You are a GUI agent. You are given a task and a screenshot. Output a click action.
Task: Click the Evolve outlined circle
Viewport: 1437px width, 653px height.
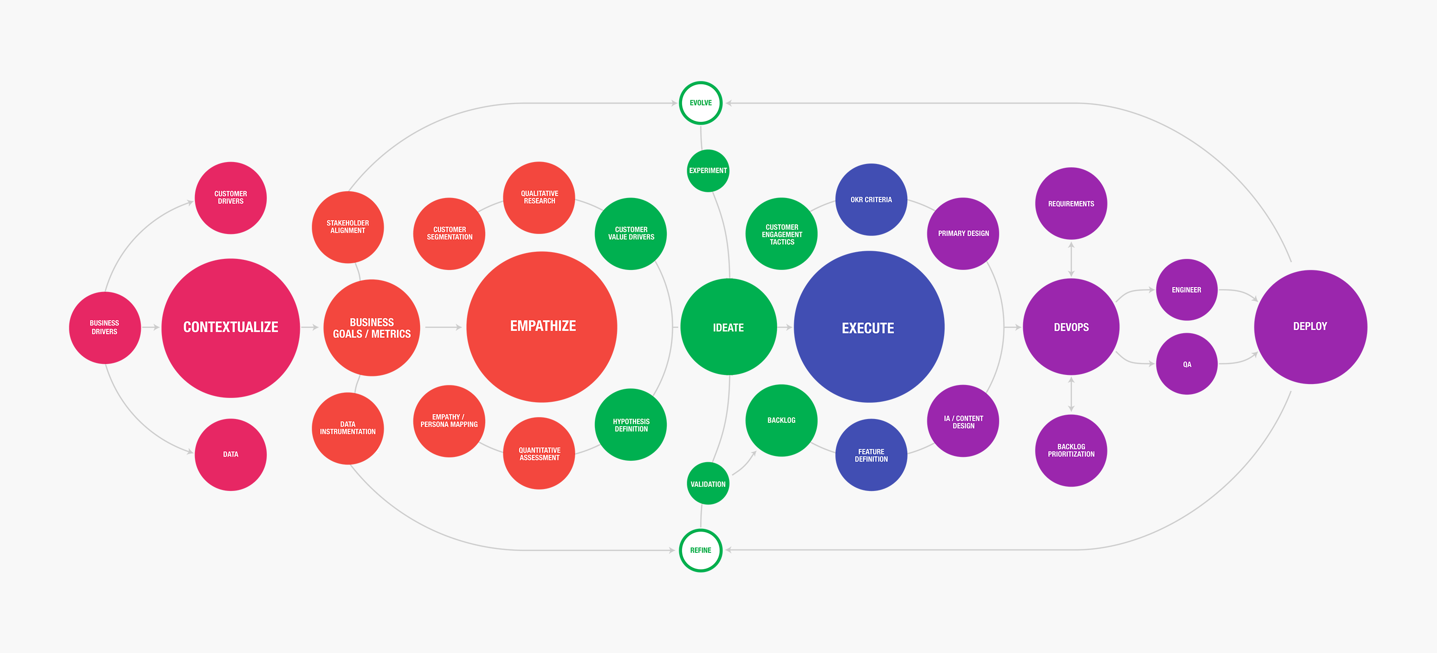[x=701, y=103]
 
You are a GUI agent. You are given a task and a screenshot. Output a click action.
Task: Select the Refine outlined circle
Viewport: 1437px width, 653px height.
[x=701, y=550]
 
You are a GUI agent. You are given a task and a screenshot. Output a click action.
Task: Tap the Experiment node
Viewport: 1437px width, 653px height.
[x=708, y=170]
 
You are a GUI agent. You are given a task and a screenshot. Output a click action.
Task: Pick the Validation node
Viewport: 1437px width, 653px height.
[x=708, y=484]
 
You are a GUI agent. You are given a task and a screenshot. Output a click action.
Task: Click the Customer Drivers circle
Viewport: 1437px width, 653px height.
[x=230, y=198]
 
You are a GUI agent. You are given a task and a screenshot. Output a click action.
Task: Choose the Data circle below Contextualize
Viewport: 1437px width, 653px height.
[x=230, y=455]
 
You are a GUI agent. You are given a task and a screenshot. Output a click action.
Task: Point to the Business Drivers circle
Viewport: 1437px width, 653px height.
[x=104, y=327]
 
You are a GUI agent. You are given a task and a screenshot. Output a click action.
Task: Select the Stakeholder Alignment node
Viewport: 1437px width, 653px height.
[x=348, y=227]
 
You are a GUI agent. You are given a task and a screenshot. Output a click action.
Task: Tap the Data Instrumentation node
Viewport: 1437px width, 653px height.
[x=348, y=428]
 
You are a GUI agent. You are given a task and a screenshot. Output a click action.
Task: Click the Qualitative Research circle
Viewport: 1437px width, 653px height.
[x=539, y=198]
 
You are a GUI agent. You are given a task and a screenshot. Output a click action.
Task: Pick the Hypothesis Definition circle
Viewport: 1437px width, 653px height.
[x=631, y=425]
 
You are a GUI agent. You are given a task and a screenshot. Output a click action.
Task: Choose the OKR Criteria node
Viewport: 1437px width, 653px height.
[x=871, y=199]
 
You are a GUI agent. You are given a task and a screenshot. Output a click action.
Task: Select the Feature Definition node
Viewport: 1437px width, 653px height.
[x=871, y=455]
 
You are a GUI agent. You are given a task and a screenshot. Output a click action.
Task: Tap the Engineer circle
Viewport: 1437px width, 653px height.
[x=1186, y=290]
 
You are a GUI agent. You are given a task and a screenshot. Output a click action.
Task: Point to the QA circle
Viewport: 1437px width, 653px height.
[x=1186, y=364]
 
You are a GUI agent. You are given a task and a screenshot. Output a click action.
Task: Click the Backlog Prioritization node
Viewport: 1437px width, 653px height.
[x=1071, y=450]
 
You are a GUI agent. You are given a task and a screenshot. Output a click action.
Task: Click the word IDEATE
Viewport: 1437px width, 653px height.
[x=728, y=327]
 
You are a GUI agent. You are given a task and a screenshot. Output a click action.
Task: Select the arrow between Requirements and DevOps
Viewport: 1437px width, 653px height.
[x=1071, y=259]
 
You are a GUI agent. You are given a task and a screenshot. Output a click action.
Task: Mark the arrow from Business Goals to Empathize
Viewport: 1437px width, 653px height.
[x=444, y=327]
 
